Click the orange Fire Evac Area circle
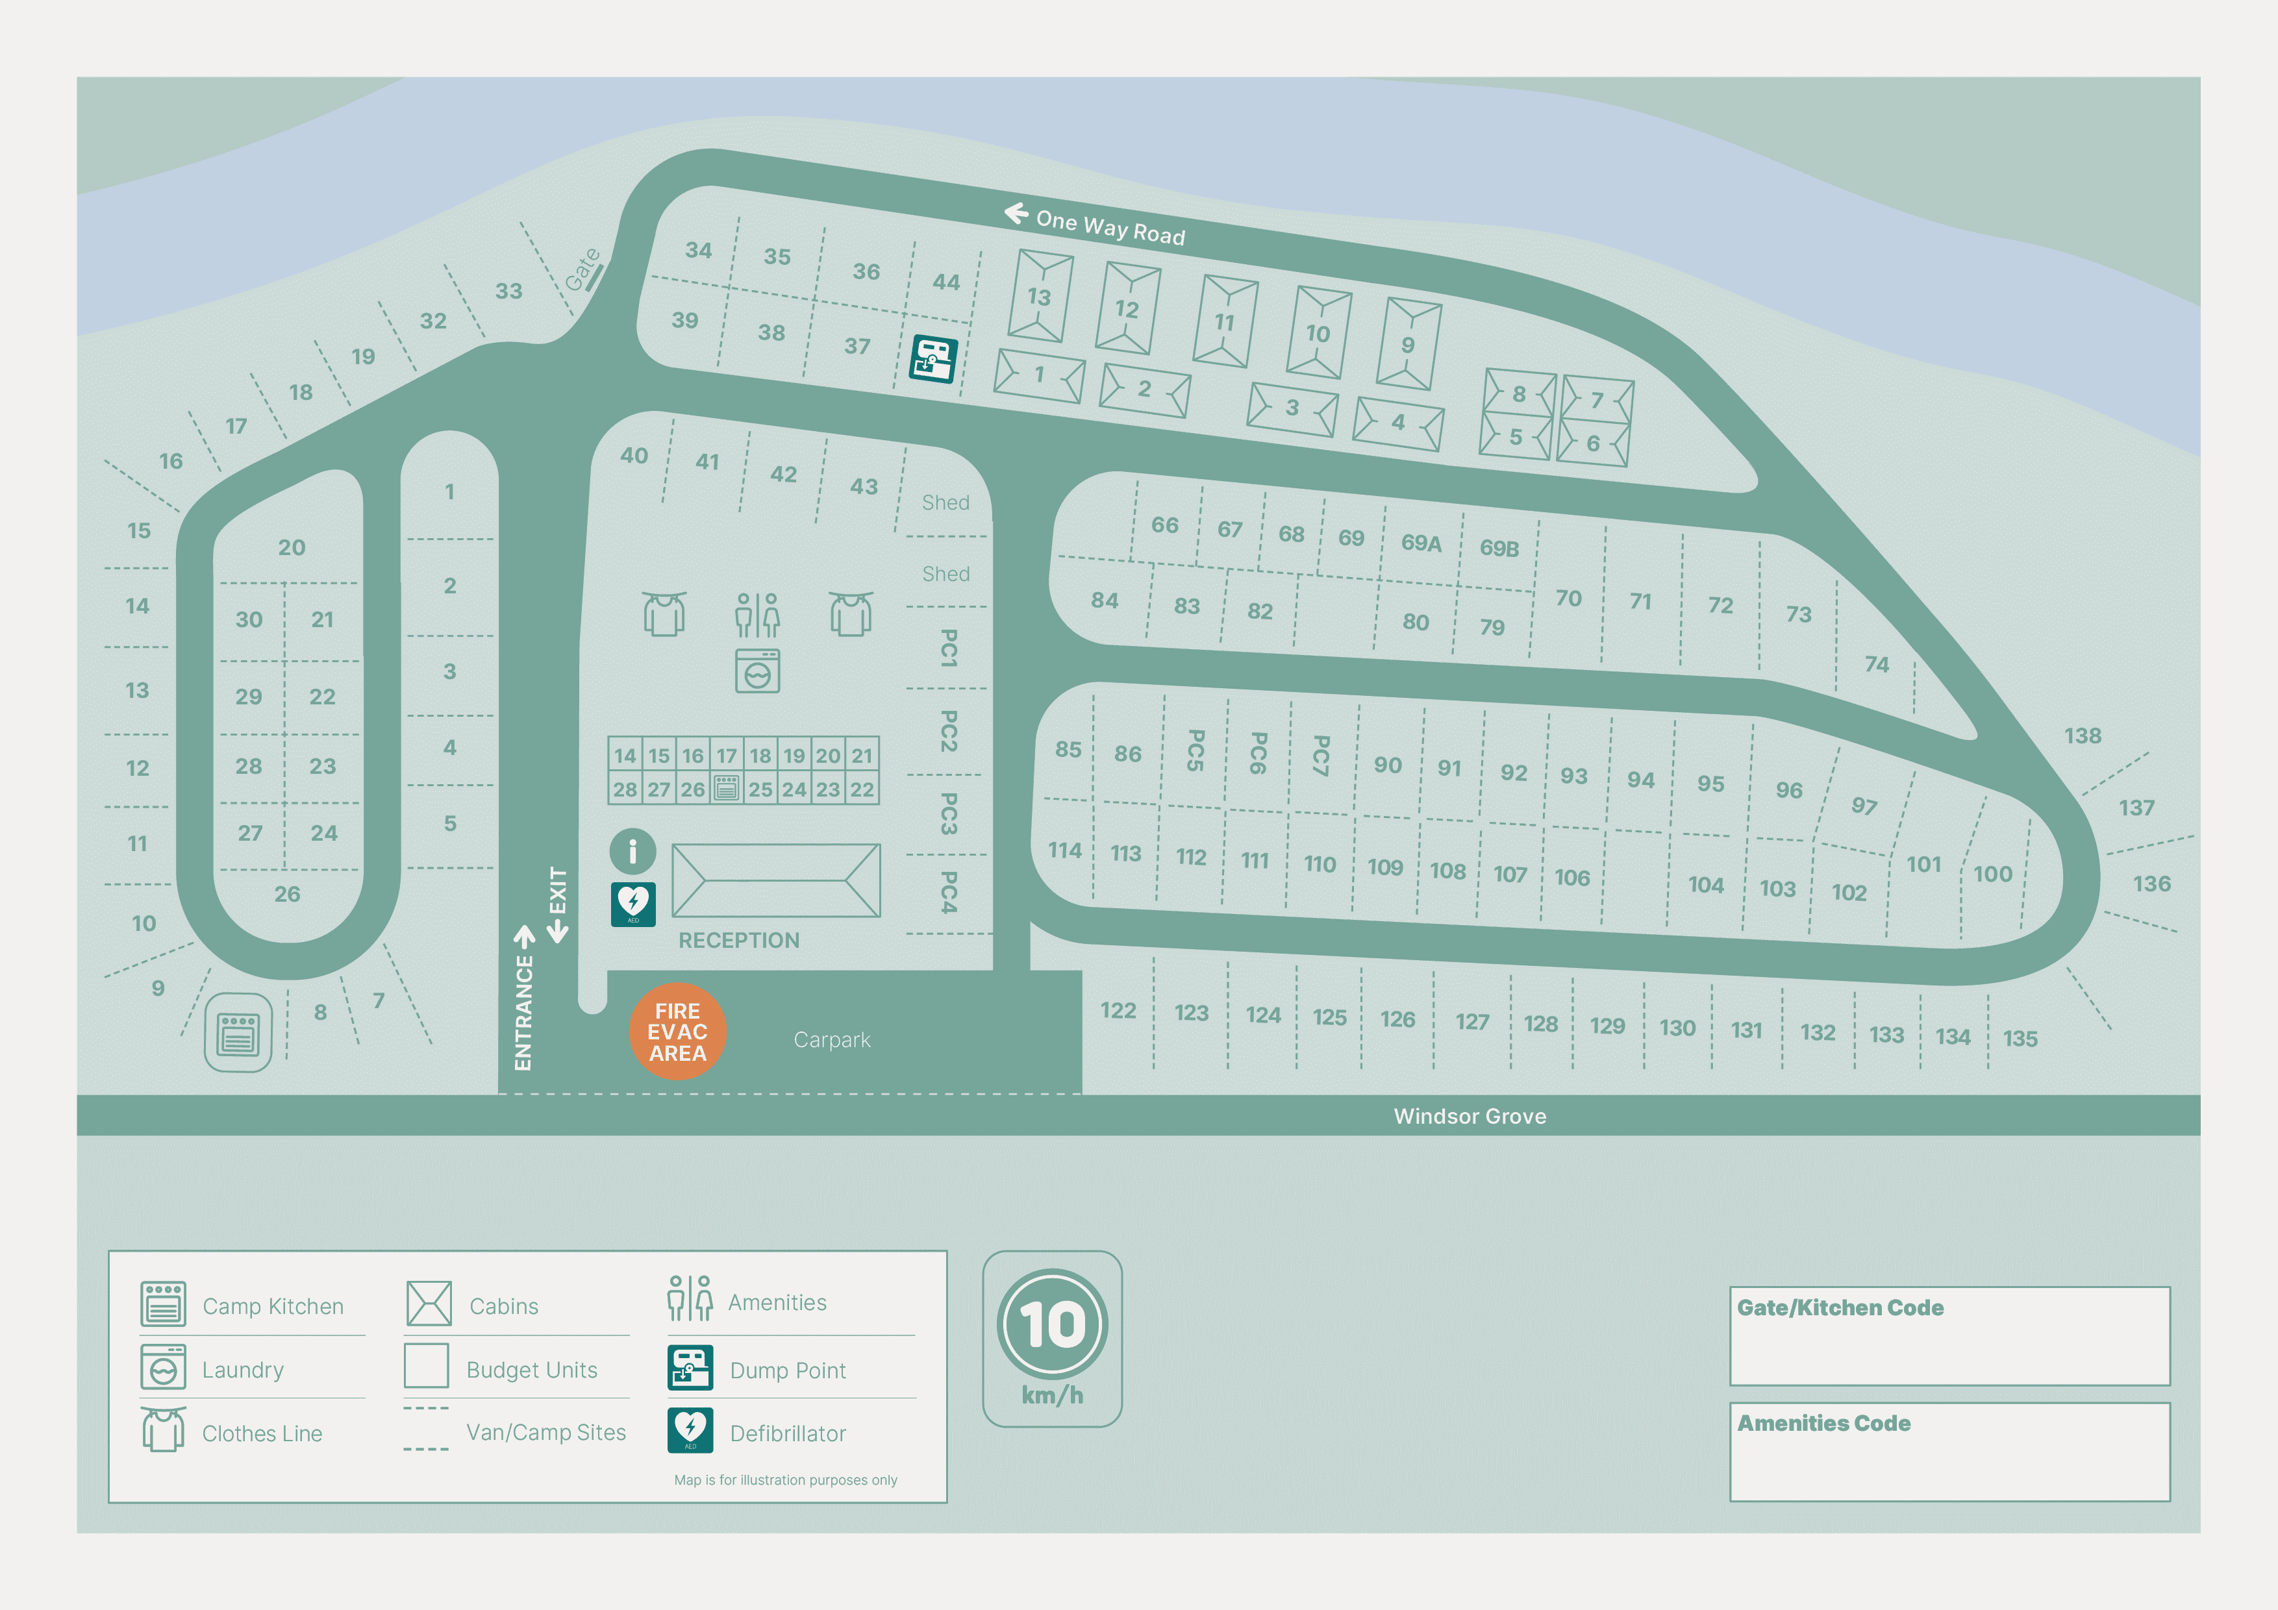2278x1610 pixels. (678, 1032)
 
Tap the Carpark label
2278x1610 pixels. (831, 1039)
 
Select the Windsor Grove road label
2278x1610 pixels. (1470, 1116)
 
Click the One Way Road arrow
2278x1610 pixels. (1016, 214)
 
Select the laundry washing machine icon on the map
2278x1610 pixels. (757, 671)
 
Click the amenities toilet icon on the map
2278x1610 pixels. (757, 615)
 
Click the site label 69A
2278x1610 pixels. (1421, 543)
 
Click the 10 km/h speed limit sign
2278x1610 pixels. (1052, 1326)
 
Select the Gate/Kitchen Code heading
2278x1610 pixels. (1840, 1307)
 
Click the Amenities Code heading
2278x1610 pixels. (1823, 1424)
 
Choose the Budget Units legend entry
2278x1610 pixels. (531, 1370)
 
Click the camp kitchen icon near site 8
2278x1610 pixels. (238, 1033)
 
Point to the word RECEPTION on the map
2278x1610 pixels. (738, 941)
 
